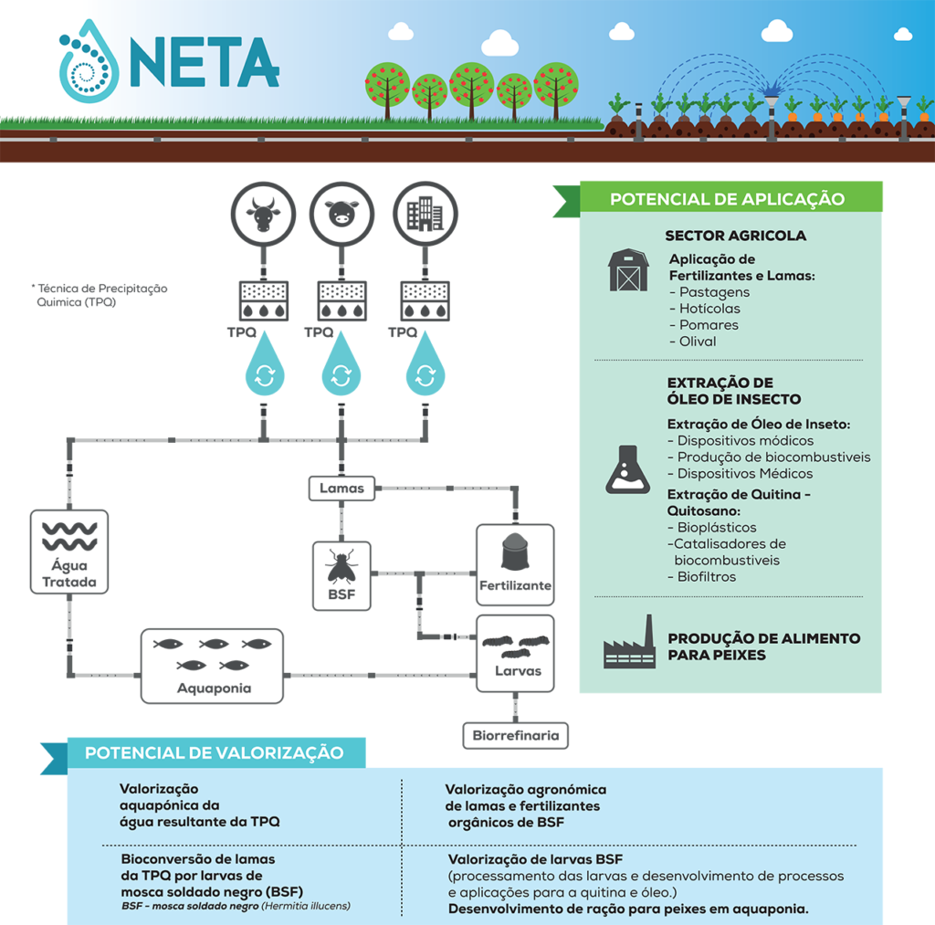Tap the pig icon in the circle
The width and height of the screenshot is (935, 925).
click(x=341, y=215)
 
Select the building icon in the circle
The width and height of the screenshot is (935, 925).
click(x=424, y=215)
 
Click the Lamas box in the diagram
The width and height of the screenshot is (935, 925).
click(x=341, y=489)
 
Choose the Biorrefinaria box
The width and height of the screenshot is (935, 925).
click(x=515, y=735)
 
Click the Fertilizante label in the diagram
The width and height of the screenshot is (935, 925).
click(x=515, y=585)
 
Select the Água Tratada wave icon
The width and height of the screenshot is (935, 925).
click(x=68, y=537)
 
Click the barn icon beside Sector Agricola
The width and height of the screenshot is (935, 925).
click(x=627, y=270)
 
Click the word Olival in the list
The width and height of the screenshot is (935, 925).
click(x=698, y=342)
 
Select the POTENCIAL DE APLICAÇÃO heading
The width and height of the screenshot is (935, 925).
click(x=727, y=199)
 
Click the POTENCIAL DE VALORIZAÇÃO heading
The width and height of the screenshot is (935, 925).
click(x=215, y=753)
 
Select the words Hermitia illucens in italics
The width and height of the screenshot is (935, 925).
click(x=306, y=906)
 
